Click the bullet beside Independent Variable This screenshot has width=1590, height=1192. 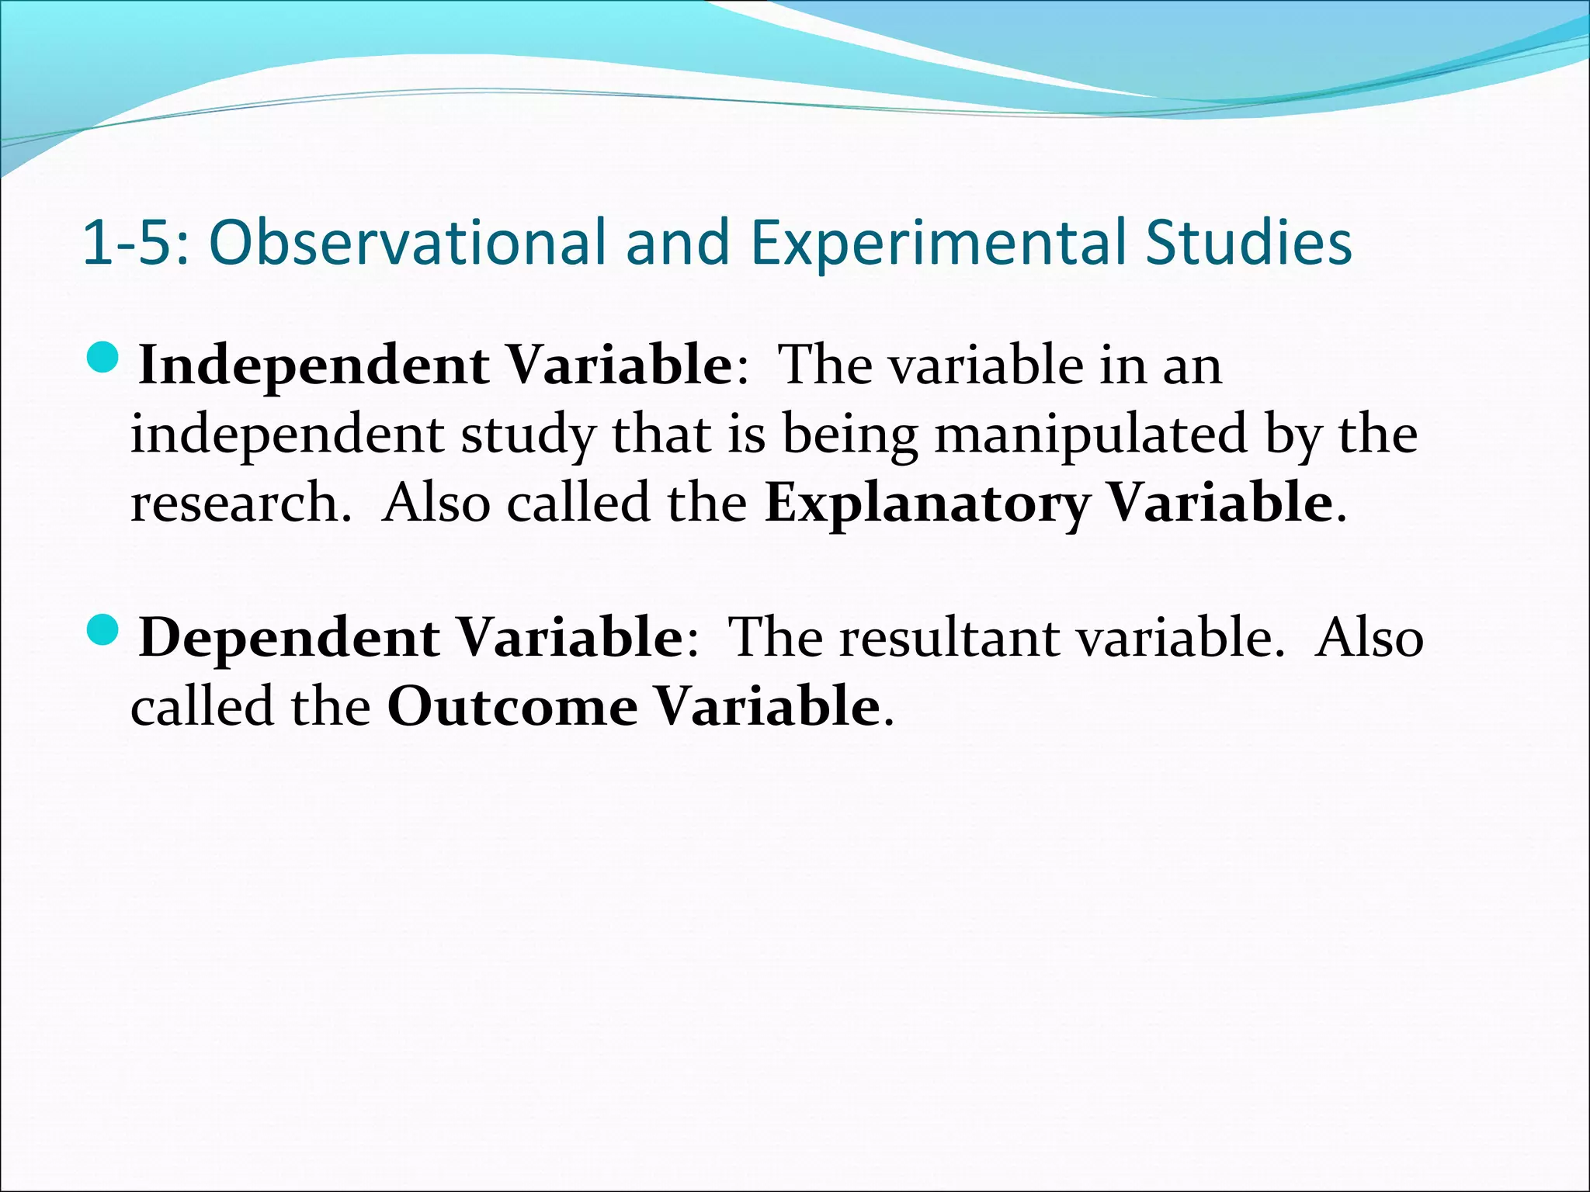point(102,359)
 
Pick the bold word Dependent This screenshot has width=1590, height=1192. point(289,638)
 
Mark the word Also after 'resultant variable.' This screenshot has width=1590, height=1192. point(1370,638)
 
